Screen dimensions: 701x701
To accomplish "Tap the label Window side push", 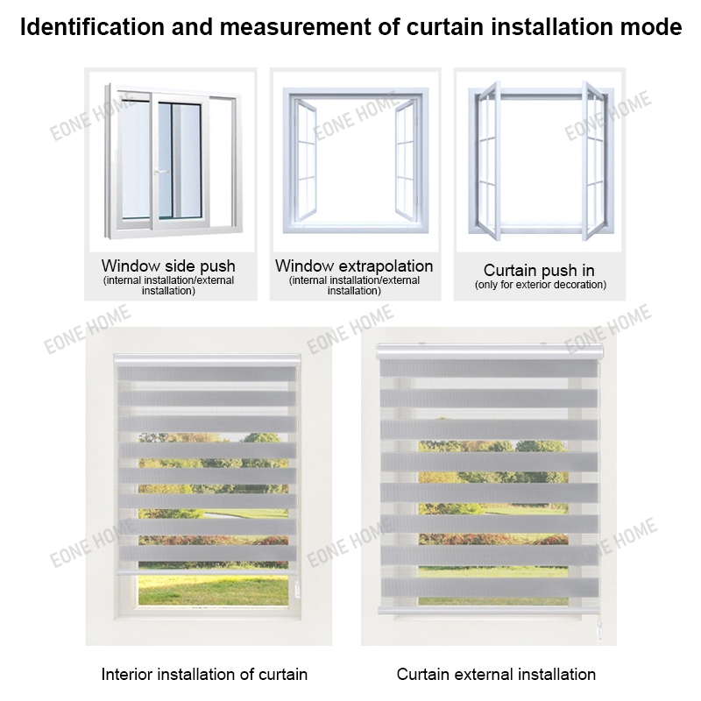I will coord(168,266).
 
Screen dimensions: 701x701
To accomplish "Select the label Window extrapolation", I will coord(354,266).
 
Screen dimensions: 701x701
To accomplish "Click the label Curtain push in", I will coord(540,270).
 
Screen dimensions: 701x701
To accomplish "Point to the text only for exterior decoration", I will coord(540,285).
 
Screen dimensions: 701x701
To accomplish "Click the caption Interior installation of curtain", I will coord(204,674).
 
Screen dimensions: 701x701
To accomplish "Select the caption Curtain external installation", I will coord(496,674).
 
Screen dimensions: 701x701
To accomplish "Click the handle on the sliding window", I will coord(158,172).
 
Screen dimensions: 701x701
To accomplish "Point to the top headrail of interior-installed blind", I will coord(207,360).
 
